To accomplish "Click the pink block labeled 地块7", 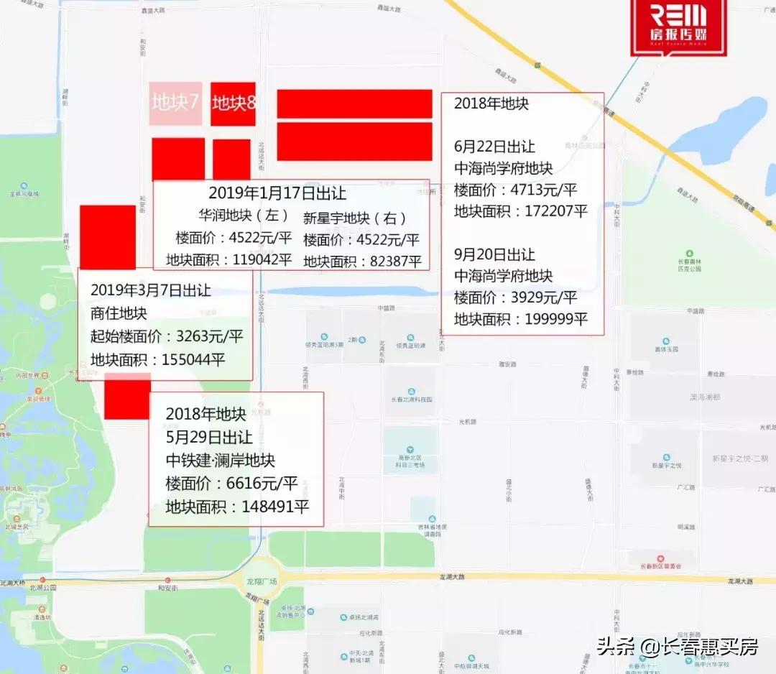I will tap(175, 103).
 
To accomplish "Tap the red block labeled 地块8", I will tap(234, 103).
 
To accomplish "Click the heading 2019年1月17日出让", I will tap(277, 193).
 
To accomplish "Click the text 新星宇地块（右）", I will tap(355, 218).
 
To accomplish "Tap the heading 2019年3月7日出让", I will tap(151, 290).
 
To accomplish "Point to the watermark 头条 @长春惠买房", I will tap(677, 647).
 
